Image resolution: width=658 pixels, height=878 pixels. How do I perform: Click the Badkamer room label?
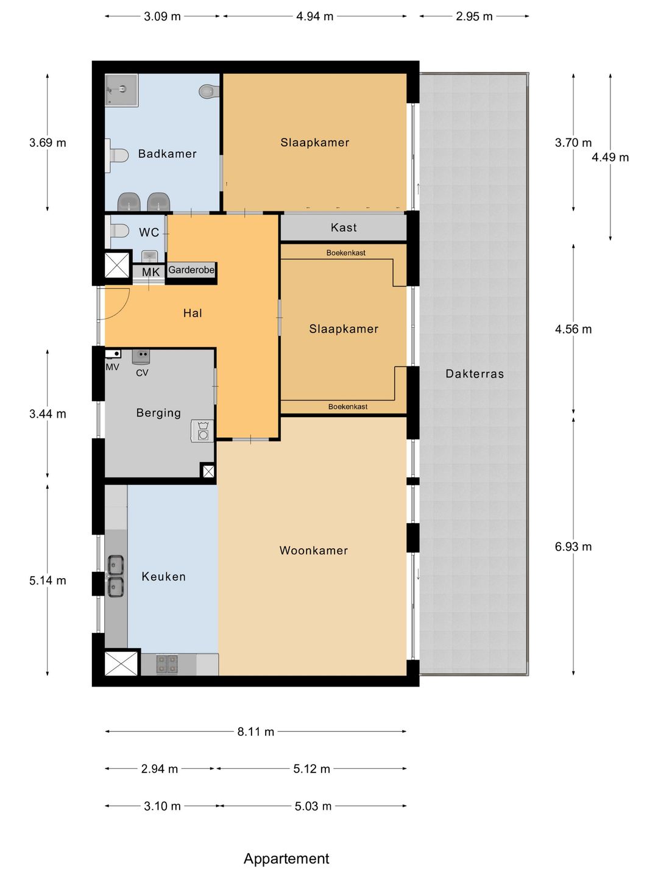pos(167,154)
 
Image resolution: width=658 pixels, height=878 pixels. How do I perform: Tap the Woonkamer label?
pos(314,551)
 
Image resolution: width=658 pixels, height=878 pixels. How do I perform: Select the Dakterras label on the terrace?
pos(475,374)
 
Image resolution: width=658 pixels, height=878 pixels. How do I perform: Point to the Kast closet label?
pos(344,227)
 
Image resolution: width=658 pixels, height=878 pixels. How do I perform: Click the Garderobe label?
pos(191,270)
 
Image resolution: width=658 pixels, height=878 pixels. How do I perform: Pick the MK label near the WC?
pos(150,272)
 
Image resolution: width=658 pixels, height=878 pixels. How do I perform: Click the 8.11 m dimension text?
pos(256,732)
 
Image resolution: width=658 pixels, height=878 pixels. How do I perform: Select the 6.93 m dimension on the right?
pos(573,546)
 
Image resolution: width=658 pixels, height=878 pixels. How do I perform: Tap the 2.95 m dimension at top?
pos(474,16)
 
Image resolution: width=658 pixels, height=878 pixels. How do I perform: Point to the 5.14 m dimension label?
pos(48,580)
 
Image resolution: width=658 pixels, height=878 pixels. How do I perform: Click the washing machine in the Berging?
pos(202,430)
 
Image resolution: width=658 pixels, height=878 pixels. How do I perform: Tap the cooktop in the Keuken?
pos(167,664)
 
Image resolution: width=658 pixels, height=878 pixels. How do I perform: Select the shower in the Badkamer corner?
pos(121,90)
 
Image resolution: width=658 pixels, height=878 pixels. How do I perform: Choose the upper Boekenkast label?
pos(345,253)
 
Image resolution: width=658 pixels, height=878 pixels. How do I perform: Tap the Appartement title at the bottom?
pos(286,858)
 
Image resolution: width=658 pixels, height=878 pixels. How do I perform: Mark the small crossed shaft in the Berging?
pos(208,471)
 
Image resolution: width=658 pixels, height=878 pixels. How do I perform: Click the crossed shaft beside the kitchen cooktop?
pos(121,663)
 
